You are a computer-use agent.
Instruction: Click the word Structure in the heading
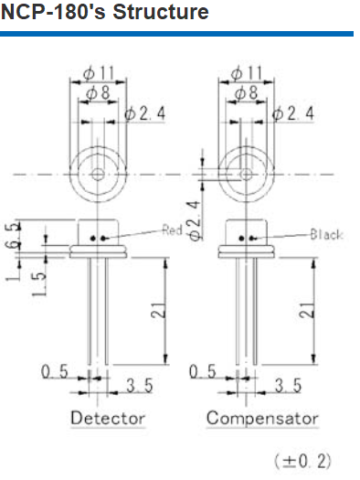click(x=161, y=12)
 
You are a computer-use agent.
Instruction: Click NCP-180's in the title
click(x=53, y=12)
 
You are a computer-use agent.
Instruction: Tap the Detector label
click(x=108, y=418)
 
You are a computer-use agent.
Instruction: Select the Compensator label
click(x=262, y=418)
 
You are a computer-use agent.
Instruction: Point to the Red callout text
click(x=172, y=229)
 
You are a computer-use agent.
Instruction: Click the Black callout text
click(x=327, y=234)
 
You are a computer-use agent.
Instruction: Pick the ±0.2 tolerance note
click(x=302, y=461)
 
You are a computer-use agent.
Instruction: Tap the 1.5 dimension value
click(x=39, y=284)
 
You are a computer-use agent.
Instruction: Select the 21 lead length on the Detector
click(x=159, y=310)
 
